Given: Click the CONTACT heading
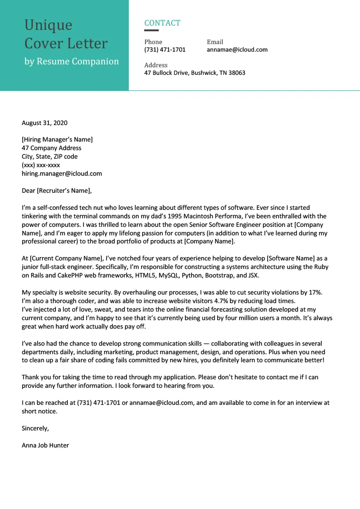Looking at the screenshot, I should (162, 23).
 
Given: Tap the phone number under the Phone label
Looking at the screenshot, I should (165, 50).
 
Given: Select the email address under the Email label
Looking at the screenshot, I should (237, 50).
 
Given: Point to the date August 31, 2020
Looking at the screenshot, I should (45, 123).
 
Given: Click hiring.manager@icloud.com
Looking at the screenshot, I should (62, 174).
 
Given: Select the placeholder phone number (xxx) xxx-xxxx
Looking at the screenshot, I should (41, 165).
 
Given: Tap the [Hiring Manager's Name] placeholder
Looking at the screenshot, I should (57, 140).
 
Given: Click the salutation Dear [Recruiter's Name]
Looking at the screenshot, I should (56, 191).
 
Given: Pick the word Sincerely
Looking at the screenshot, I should (35, 429).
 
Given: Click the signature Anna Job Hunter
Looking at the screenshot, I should (45, 446).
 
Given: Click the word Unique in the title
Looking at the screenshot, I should (48, 25).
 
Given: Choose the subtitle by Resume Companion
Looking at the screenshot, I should (72, 62).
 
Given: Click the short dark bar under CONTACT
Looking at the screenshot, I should (152, 31).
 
